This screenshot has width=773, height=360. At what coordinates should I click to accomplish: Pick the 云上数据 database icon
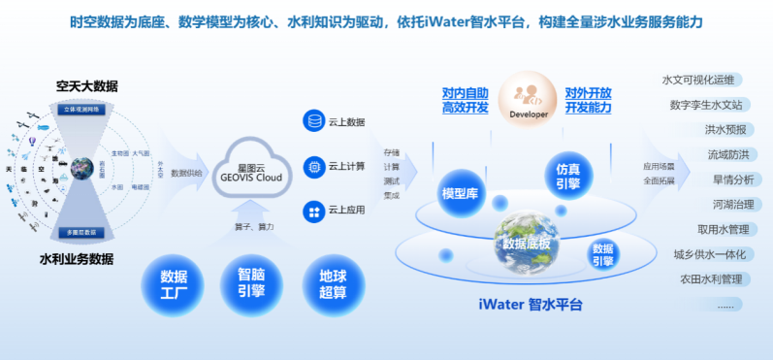313,122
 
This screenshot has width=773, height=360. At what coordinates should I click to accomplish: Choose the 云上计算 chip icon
313,166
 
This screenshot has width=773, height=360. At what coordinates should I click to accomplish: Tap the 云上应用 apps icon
313,210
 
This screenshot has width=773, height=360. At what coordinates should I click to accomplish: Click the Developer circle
528,100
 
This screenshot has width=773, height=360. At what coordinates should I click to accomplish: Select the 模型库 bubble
461,192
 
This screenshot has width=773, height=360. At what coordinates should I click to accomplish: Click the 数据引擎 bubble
602,254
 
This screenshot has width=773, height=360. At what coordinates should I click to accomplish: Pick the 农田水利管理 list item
708,279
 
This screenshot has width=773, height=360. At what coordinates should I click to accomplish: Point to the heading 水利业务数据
77,259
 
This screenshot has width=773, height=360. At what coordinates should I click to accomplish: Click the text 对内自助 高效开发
464,99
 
